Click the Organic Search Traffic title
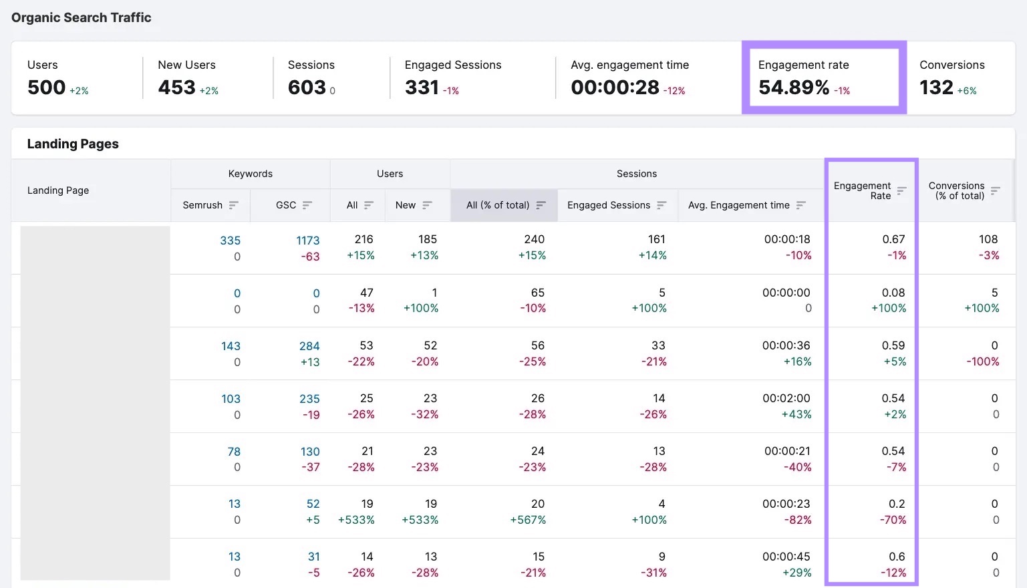82,18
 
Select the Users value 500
46,88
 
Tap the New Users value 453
176,88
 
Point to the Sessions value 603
307,88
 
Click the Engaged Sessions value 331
422,88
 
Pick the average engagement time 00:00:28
615,88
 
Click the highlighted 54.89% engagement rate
794,88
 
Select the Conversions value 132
936,88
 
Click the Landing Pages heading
73,144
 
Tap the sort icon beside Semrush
233,205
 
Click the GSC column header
286,205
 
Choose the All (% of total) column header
498,205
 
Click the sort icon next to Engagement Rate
901,190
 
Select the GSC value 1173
307,241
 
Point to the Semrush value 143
231,346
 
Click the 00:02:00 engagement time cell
786,398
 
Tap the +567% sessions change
528,520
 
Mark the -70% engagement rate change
893,520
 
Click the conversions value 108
988,239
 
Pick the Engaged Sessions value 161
656,239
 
